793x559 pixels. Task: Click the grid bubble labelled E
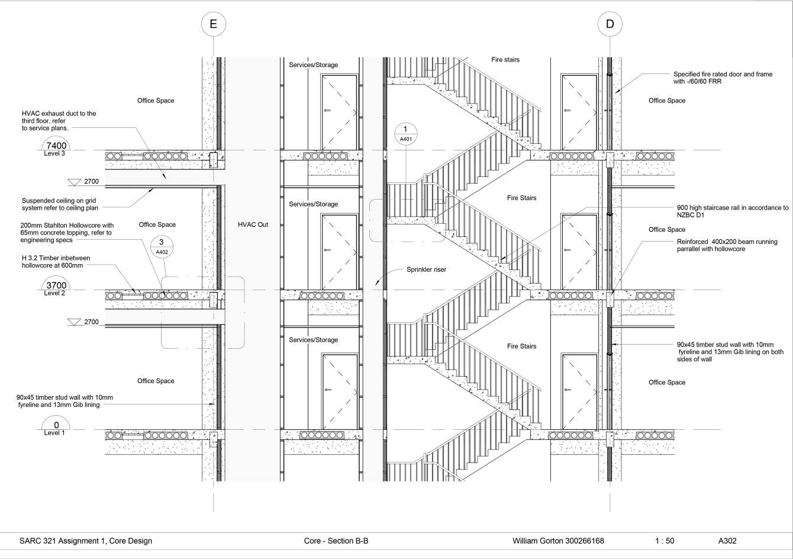(214, 24)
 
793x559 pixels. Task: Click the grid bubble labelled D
(610, 24)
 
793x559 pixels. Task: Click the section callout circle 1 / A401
(405, 133)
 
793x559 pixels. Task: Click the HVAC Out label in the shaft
(253, 225)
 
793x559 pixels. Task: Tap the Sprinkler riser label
(426, 269)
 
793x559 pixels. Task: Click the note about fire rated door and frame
(723, 78)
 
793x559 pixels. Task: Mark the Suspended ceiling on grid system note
(60, 204)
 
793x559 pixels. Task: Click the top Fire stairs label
(505, 60)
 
